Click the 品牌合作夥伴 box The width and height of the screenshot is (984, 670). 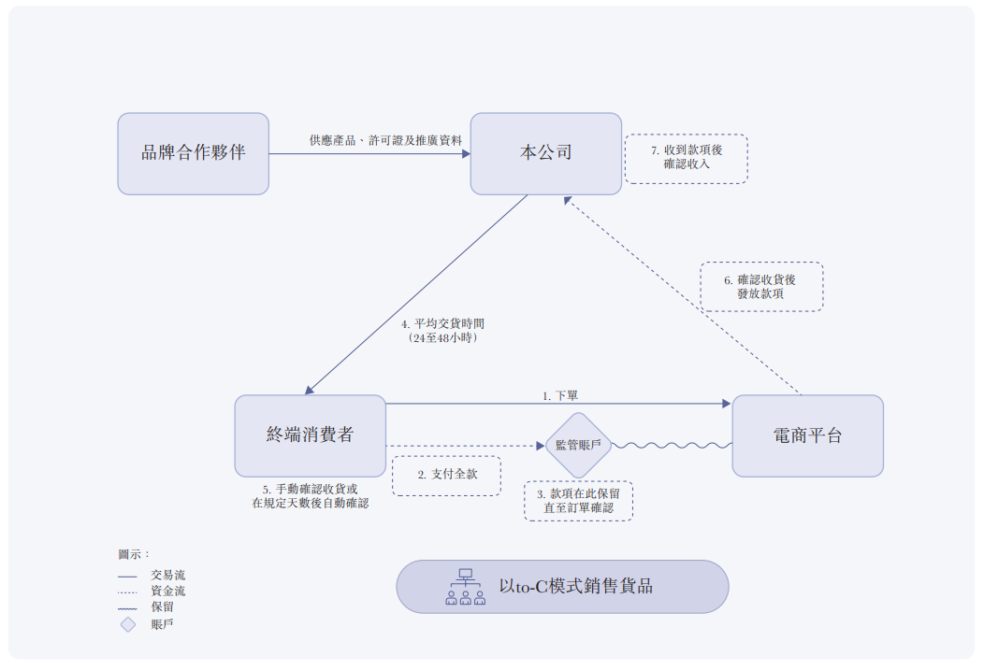pyautogui.click(x=193, y=153)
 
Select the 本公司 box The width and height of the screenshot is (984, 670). pyautogui.click(x=545, y=153)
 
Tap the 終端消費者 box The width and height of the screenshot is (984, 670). pyautogui.click(x=310, y=435)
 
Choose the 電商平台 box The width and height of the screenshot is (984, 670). pyautogui.click(x=807, y=435)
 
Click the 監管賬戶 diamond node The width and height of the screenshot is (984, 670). pyautogui.click(x=578, y=445)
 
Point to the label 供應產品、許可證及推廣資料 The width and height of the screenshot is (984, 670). pyautogui.click(x=385, y=140)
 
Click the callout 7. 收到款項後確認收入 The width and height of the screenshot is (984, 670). pyautogui.click(x=686, y=158)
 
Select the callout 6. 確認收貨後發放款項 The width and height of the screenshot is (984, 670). pyautogui.click(x=761, y=286)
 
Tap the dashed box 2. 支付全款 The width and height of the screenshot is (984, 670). pyautogui.click(x=446, y=475)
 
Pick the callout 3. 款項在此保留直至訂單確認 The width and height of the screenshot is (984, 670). pyautogui.click(x=578, y=501)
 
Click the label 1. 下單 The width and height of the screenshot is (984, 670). pyautogui.click(x=559, y=396)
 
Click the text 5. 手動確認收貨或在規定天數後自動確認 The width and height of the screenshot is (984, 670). pyautogui.click(x=310, y=496)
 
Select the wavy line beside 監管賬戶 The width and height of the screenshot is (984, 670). pyautogui.click(x=672, y=446)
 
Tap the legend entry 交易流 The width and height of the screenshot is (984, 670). pyautogui.click(x=167, y=576)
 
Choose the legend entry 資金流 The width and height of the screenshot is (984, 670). pyautogui.click(x=167, y=592)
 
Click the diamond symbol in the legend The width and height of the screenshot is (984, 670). pyautogui.click(x=128, y=624)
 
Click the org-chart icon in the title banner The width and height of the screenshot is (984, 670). pyautogui.click(x=465, y=587)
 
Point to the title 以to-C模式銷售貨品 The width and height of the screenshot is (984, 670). pyautogui.click(x=575, y=587)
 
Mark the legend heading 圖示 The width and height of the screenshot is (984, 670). pyautogui.click(x=133, y=554)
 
